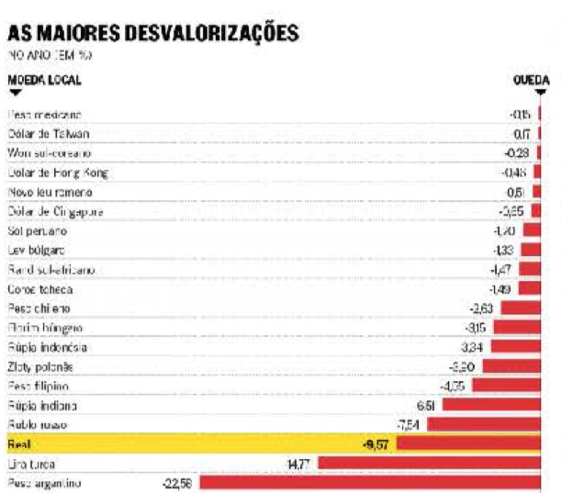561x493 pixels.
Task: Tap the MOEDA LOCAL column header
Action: click(x=44, y=79)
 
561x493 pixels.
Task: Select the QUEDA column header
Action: click(x=531, y=80)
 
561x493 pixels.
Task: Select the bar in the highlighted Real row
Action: click(x=474, y=444)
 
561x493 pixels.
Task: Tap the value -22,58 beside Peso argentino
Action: click(x=174, y=483)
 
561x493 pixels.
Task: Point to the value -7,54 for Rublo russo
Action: click(x=408, y=425)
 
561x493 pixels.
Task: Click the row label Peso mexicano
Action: click(x=44, y=115)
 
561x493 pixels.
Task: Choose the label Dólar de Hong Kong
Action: click(x=58, y=173)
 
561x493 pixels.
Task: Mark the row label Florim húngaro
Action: click(x=45, y=328)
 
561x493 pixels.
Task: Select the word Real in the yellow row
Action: click(x=19, y=444)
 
